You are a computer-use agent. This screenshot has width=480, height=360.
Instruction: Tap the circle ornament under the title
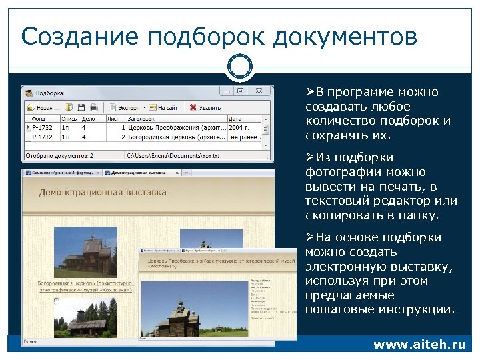pyautogui.click(x=240, y=67)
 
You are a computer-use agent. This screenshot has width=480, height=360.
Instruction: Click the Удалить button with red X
pyautogui.click(x=205, y=107)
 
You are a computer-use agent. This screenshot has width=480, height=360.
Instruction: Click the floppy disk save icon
pyautogui.click(x=81, y=107)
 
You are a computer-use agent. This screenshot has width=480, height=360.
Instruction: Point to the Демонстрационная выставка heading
pyautogui.click(x=102, y=193)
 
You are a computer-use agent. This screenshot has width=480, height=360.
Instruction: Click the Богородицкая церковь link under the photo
pyautogui.click(x=85, y=287)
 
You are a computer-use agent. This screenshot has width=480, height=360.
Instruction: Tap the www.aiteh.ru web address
pyautogui.click(x=419, y=345)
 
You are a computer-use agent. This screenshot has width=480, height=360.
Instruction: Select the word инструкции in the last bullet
pyautogui.click(x=420, y=310)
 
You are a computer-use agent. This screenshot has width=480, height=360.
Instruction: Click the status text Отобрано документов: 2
pyautogui.click(x=59, y=155)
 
